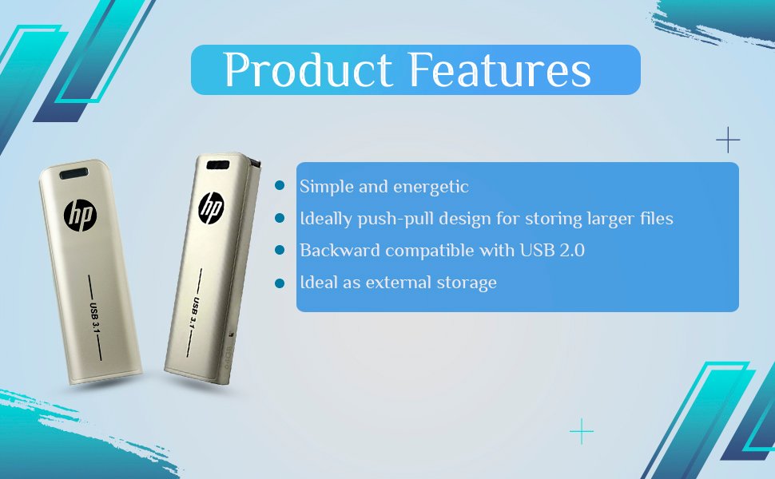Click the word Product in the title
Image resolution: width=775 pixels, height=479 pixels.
click(308, 69)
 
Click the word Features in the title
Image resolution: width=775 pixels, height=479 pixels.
click(500, 69)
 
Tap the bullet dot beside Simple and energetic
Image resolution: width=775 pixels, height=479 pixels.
click(280, 186)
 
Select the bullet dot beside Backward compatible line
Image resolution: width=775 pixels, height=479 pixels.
click(280, 250)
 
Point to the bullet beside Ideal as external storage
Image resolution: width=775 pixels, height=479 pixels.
click(280, 283)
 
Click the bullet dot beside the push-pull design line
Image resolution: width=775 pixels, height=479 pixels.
click(280, 218)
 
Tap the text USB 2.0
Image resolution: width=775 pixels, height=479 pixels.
click(552, 251)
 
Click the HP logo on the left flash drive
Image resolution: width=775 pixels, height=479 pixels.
click(80, 216)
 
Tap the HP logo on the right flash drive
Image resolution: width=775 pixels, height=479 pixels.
click(211, 208)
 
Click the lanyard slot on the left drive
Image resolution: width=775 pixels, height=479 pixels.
click(74, 173)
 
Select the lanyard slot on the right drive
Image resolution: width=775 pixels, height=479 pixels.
click(218, 165)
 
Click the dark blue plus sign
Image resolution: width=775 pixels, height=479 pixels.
click(728, 141)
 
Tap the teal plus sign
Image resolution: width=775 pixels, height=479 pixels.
click(582, 432)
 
